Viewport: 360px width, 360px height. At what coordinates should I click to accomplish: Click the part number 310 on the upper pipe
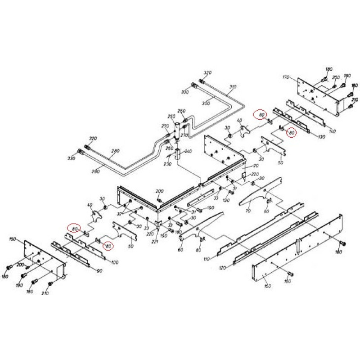232,87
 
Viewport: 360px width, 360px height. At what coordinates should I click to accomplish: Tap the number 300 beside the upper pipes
206,103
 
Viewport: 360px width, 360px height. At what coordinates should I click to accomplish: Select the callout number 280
115,151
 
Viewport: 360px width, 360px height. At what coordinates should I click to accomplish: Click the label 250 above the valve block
171,117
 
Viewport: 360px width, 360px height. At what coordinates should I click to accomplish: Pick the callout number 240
188,151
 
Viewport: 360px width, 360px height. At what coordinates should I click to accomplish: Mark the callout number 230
167,164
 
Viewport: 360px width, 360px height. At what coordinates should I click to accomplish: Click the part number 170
286,77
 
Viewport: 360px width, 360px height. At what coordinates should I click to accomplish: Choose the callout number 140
333,131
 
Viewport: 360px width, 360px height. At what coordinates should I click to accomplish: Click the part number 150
13,240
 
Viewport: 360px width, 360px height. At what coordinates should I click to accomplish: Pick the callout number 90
99,271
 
